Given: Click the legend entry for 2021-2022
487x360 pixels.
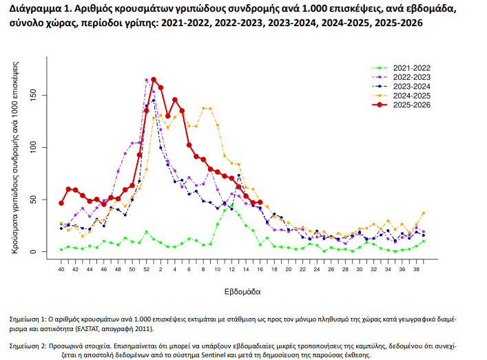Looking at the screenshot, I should coord(411,67).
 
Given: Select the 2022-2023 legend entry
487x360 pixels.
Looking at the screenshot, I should coord(411,77).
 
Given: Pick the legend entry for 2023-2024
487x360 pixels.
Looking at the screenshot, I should coord(411,86).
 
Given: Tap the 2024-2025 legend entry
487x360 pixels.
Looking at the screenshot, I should coord(411,95).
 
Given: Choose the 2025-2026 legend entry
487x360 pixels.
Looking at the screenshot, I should coord(411,105).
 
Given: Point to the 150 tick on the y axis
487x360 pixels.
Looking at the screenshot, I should coord(42,95).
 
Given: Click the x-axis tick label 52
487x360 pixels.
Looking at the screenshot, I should coord(146,269).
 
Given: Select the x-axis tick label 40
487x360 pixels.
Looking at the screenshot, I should coord(61,269).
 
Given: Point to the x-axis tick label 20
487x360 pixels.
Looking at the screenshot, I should coord(289,269).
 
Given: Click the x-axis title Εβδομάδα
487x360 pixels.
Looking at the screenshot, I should coord(242,292).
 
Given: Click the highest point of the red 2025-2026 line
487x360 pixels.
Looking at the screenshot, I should coord(154,79).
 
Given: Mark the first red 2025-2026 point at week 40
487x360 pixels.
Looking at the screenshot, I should coord(61,203).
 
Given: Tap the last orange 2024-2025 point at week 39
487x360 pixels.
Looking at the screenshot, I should coord(424,213).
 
